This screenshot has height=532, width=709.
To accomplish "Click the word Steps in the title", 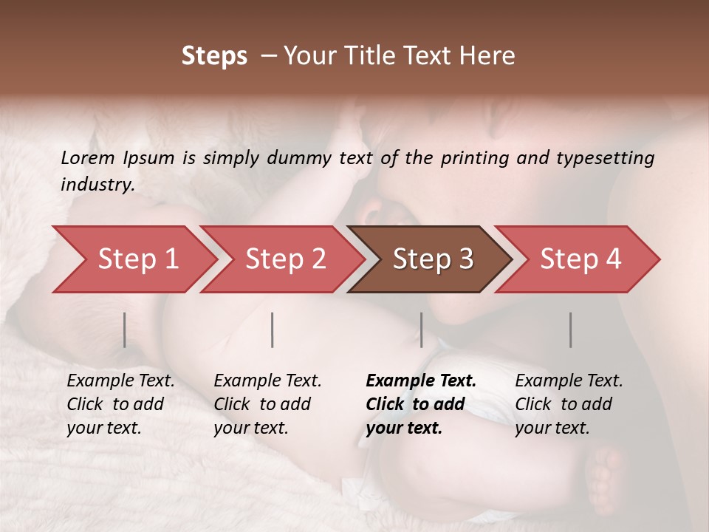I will [x=214, y=56].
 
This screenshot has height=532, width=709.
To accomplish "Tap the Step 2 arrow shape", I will [x=281, y=259].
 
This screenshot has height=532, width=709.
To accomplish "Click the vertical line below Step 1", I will [x=125, y=330].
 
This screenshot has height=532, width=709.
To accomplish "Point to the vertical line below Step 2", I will [x=273, y=330].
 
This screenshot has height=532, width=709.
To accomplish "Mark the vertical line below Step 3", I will [x=421, y=330].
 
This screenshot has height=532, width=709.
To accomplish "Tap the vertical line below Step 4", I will [x=570, y=330].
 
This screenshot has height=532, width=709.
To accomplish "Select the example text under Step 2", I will [x=267, y=404].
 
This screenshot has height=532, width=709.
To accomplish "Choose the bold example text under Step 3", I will [x=420, y=404].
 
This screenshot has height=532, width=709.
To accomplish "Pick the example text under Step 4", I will [x=568, y=404].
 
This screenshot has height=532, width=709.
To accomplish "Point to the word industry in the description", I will [x=97, y=185].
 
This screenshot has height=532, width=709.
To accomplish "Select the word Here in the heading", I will [x=488, y=56].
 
